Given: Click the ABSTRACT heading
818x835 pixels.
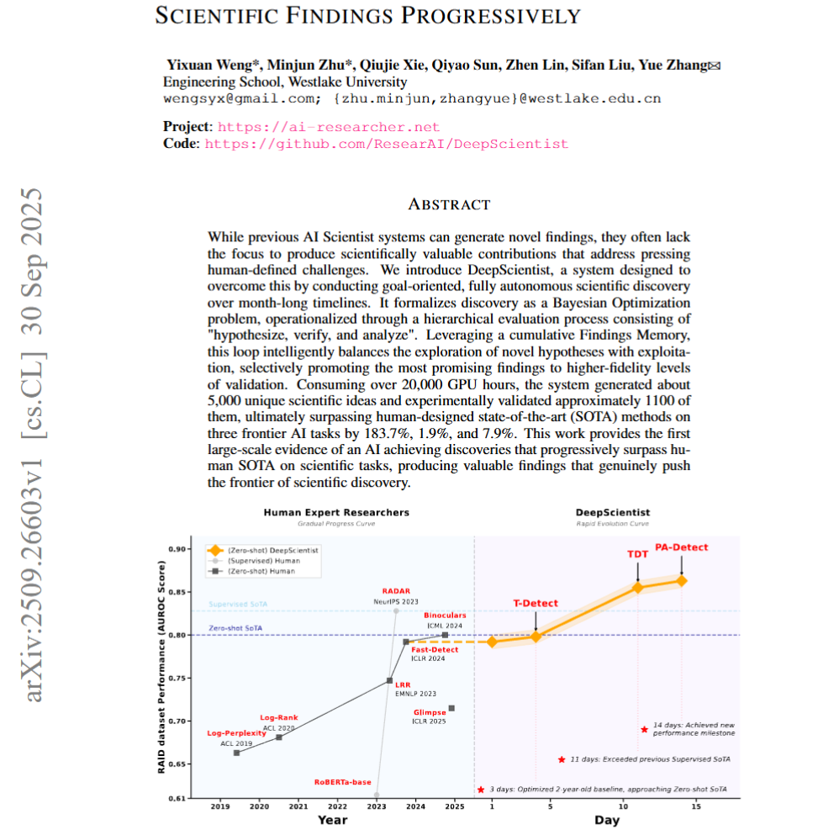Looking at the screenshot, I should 448,204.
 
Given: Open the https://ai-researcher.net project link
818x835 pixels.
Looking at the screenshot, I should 329,127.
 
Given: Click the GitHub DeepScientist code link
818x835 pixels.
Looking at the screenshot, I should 387,144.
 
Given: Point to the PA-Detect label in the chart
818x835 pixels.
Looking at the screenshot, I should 681,547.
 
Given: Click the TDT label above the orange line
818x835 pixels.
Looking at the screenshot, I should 637,554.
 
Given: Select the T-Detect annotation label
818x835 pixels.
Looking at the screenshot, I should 536,603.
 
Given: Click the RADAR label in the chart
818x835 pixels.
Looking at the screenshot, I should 396,591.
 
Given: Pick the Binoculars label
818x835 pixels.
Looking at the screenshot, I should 445,615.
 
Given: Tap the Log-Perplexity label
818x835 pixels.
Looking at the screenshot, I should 231,733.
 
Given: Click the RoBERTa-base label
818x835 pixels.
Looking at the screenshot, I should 342,782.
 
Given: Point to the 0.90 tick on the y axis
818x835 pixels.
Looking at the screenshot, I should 177,549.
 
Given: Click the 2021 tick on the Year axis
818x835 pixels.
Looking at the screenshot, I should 298,806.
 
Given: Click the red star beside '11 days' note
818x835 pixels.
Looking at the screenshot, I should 561,759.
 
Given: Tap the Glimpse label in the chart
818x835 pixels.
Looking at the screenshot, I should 429,712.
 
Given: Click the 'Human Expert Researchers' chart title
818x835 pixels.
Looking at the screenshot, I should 336,512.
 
